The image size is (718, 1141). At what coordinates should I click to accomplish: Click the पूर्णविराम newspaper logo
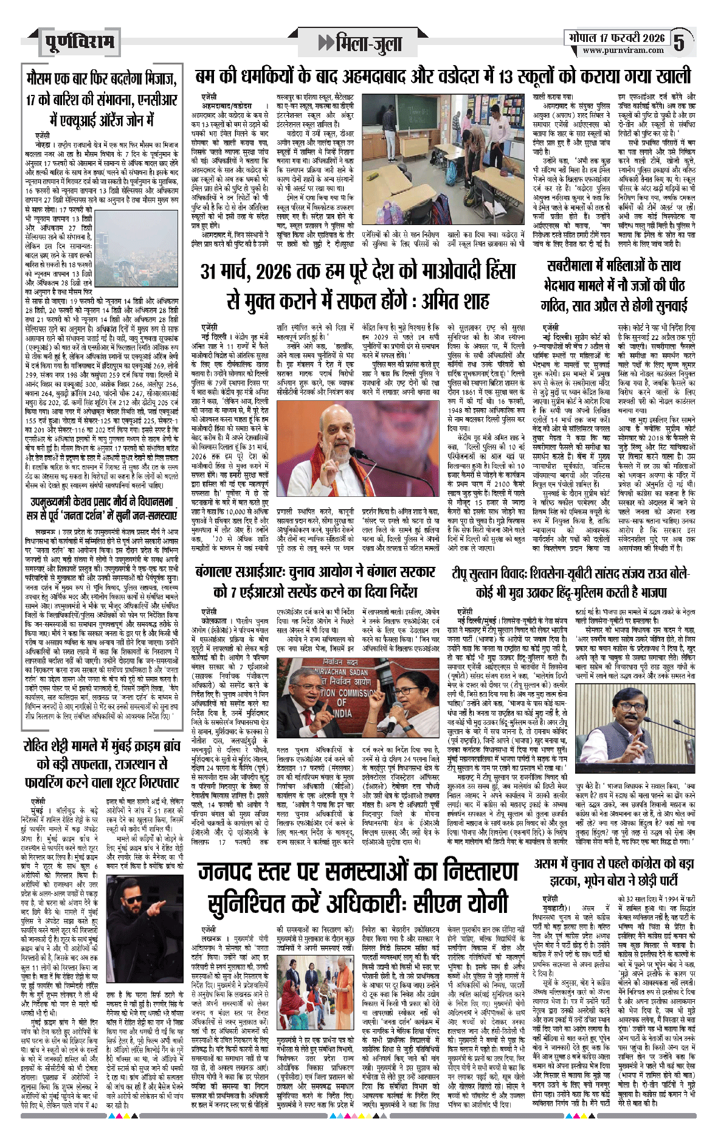[x=79, y=43]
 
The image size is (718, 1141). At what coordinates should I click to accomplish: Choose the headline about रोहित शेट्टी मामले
[x=102, y=764]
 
